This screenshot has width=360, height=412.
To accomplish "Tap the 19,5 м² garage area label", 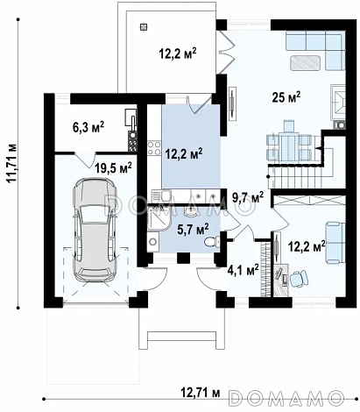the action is click(x=113, y=168).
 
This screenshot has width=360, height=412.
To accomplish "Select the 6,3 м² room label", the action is click(x=88, y=127).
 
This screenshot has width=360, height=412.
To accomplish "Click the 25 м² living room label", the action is click(x=286, y=97).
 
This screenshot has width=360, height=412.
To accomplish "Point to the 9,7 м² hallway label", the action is click(x=248, y=198).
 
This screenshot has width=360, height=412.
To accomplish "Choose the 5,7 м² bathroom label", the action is click(x=193, y=230).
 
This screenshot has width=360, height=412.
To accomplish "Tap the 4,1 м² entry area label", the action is click(x=243, y=269).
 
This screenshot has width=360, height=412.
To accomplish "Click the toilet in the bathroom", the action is click(x=212, y=242).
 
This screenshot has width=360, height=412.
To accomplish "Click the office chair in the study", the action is click(x=299, y=278).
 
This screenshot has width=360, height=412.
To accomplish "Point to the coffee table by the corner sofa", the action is click(x=305, y=62).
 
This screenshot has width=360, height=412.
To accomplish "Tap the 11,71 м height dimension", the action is click(x=12, y=163).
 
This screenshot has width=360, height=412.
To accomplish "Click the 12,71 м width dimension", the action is click(x=201, y=393).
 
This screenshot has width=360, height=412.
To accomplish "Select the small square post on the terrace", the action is click(x=143, y=27).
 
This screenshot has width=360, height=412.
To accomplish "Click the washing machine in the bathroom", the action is click(x=153, y=242).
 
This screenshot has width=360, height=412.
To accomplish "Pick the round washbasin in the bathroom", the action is click(x=191, y=212).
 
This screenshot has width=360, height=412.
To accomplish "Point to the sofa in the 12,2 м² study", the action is click(x=335, y=242).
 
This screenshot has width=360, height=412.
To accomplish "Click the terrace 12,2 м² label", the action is click(x=178, y=54).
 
